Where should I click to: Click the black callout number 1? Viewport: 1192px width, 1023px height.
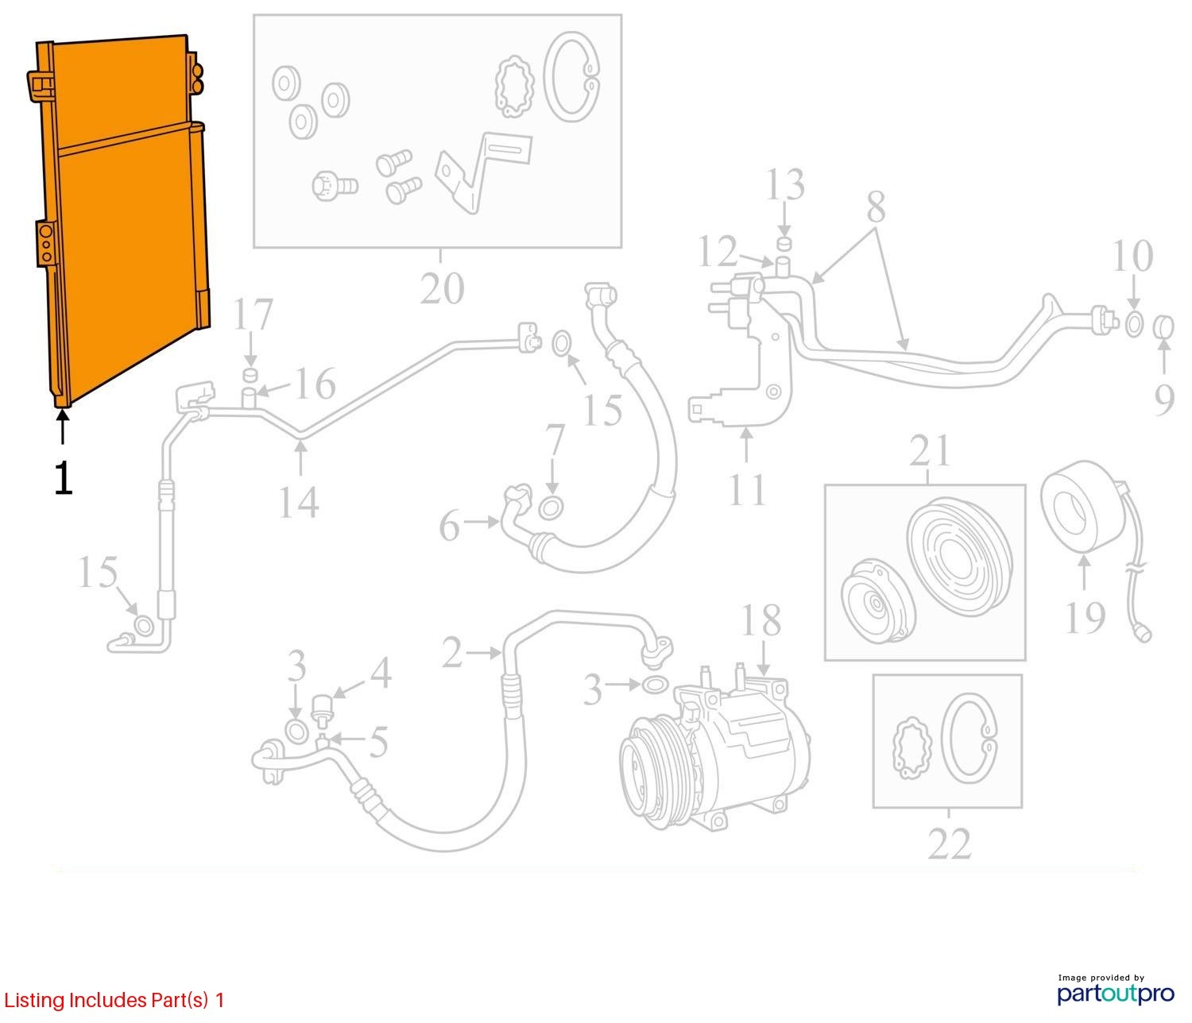[63, 479]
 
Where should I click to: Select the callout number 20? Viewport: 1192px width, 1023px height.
[441, 288]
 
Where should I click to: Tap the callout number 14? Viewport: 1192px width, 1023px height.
[298, 502]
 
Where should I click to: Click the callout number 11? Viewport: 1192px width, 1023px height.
[746, 489]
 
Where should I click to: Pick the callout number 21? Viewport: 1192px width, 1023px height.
[929, 451]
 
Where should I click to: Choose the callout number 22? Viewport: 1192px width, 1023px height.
[949, 843]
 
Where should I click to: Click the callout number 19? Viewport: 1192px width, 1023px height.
[1085, 617]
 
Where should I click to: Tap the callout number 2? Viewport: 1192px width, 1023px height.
[451, 654]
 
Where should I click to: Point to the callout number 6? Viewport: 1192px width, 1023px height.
[450, 526]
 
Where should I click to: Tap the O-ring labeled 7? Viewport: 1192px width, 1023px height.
[550, 506]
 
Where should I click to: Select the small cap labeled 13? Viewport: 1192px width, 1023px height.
[784, 242]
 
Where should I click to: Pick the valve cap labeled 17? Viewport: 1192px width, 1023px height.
[250, 375]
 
